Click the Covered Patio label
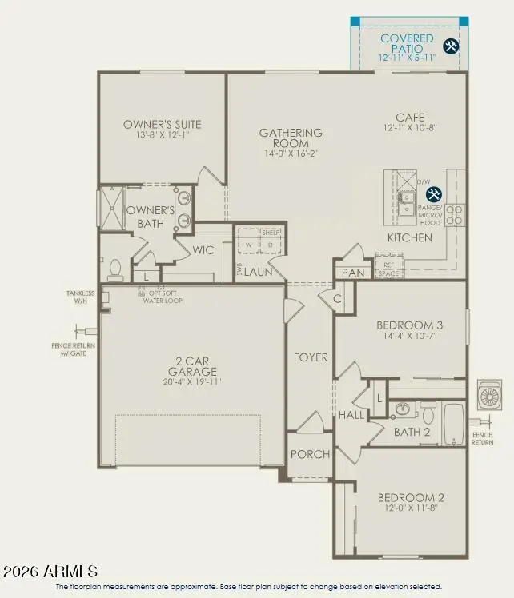coord(407,43)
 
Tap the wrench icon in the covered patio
coord(451,46)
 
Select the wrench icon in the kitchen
coord(433,194)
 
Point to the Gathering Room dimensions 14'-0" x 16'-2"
coord(291,153)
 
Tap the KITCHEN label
coord(410,237)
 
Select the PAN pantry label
coord(352,273)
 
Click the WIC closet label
coord(203,250)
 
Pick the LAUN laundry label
coord(259,272)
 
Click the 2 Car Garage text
coord(192,366)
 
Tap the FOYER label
coord(310,357)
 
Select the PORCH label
coord(310,454)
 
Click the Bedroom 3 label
coord(410,325)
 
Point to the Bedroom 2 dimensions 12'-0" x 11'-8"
coord(411,509)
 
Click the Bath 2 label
coord(412,432)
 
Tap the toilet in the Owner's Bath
coord(114,269)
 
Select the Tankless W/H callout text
coord(80,297)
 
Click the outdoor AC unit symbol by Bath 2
coord(489,396)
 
